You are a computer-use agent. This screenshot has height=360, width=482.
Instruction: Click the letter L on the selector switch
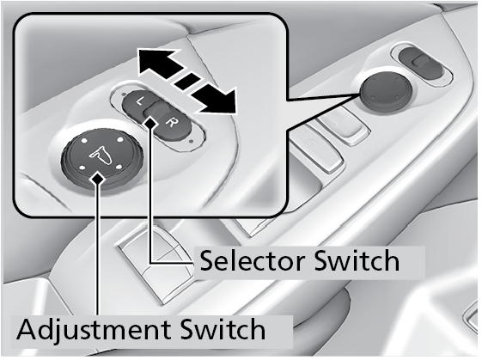click(x=140, y=101)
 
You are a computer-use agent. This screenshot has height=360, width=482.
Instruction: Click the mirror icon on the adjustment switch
click(x=101, y=154)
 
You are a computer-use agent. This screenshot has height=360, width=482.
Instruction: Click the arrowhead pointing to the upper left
click(x=156, y=62)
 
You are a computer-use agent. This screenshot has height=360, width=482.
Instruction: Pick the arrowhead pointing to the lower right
click(x=217, y=100)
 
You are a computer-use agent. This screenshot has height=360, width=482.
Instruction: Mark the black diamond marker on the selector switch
click(x=150, y=123)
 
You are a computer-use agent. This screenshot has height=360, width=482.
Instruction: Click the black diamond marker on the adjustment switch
click(x=98, y=178)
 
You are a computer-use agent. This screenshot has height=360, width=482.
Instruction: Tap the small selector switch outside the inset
click(x=421, y=64)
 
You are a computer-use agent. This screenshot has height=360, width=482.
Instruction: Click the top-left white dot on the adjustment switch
click(x=84, y=141)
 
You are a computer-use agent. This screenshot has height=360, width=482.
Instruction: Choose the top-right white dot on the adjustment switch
click(x=120, y=140)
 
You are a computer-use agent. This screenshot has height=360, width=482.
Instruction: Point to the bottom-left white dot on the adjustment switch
click(x=82, y=168)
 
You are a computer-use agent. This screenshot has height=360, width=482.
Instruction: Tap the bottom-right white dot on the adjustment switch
click(x=119, y=168)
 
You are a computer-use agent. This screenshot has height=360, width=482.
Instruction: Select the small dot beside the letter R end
click(x=192, y=142)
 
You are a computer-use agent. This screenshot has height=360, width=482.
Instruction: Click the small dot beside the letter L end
click(x=123, y=94)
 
